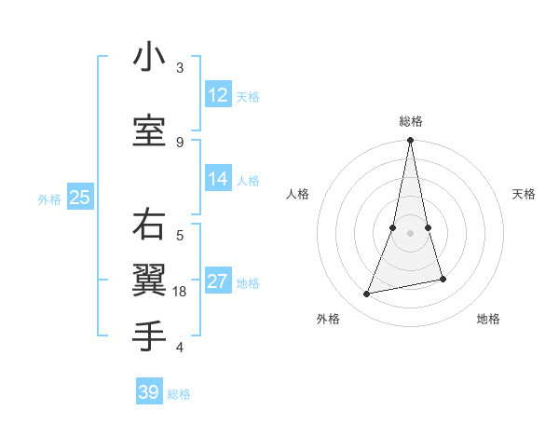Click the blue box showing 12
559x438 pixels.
pos(218,95)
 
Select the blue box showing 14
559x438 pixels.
pos(218,179)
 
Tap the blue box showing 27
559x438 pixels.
pos(218,281)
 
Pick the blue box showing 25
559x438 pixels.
pos(79,198)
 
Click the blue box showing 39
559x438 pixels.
pos(148,392)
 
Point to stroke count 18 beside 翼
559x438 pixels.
pos(181,291)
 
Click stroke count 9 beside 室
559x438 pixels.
pos(180,142)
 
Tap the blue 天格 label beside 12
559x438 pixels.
pos(248,96)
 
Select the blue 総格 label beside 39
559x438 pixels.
pos(179,394)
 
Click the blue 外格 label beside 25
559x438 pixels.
pos(49,198)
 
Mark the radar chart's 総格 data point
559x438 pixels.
pos(410,141)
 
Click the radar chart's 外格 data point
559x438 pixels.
pos(367,294)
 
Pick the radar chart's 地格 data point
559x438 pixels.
pos(443,279)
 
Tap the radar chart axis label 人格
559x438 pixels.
pos(297,194)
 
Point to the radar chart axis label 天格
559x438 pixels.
pos(524,194)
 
